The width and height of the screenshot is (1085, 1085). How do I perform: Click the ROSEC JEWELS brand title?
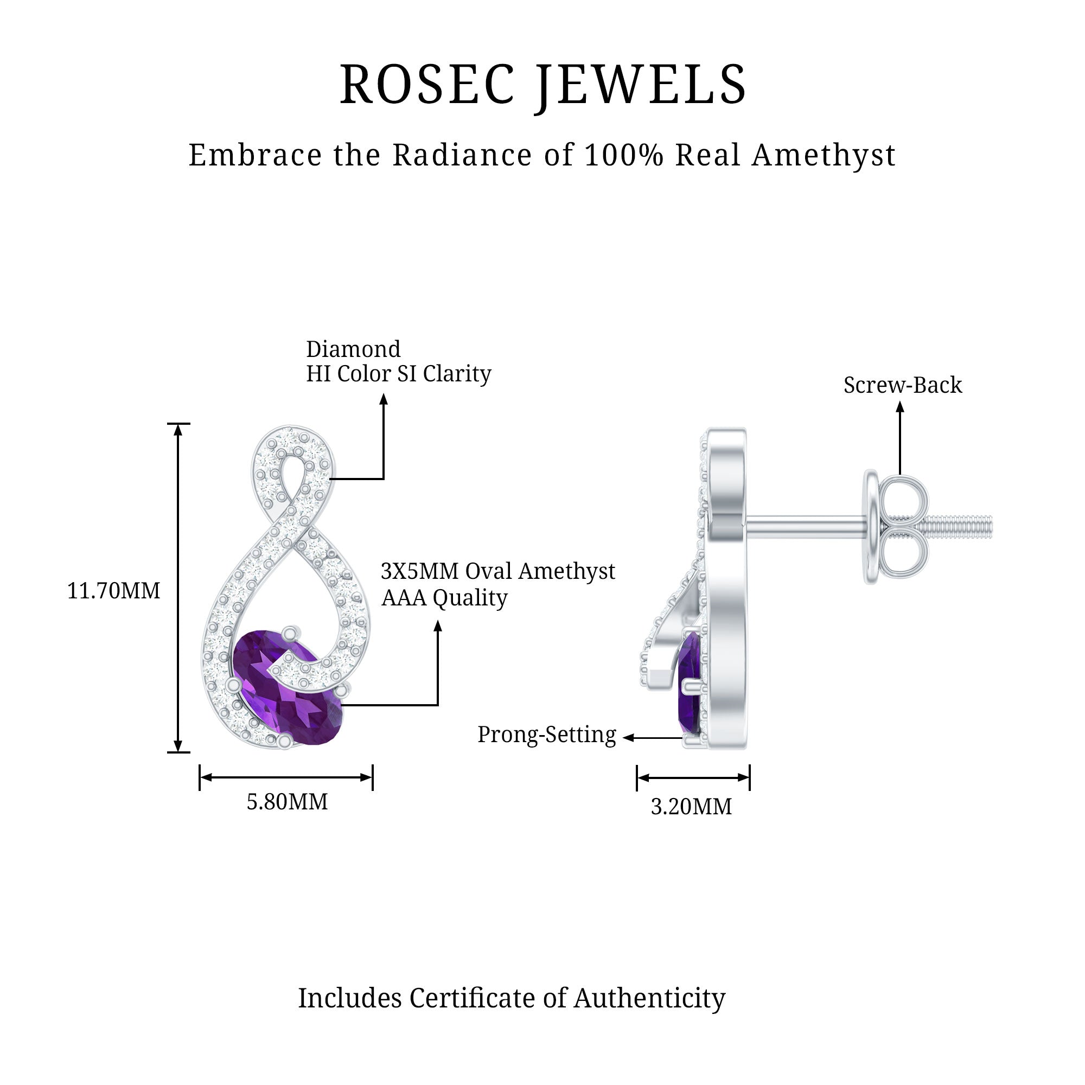(x=542, y=84)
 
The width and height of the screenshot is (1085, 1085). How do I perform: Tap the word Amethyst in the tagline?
(x=824, y=155)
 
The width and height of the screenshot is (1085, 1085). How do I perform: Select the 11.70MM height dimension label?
(x=113, y=591)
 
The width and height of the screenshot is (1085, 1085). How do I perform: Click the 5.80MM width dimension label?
(x=287, y=802)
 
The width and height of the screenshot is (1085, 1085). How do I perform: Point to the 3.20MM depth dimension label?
(x=691, y=807)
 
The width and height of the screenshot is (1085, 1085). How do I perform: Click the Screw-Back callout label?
(x=903, y=385)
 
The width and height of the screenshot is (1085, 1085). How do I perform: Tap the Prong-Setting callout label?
(x=546, y=735)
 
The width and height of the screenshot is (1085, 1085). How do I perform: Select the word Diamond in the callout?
(x=353, y=349)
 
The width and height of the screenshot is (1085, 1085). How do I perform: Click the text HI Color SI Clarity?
(x=399, y=374)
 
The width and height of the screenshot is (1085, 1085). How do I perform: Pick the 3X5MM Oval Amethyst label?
(x=497, y=571)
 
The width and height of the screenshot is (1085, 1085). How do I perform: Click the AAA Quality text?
(x=444, y=597)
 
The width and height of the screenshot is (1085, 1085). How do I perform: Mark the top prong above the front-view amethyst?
(x=290, y=633)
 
